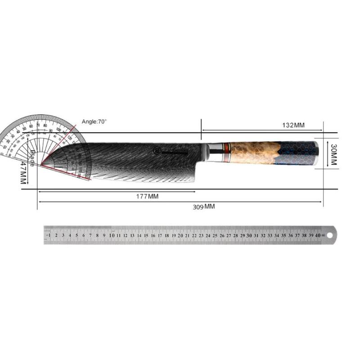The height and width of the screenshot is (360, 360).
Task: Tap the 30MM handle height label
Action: pyautogui.click(x=333, y=155)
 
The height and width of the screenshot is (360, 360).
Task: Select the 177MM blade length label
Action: pyautogui.click(x=147, y=197)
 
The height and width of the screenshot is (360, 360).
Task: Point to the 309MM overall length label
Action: pyautogui.click(x=204, y=207)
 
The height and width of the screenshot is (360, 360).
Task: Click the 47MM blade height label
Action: pyautogui.click(x=22, y=173)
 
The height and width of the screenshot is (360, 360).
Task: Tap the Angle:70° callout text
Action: pyautogui.click(x=94, y=121)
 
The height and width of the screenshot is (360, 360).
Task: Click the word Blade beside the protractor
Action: pyautogui.click(x=32, y=158)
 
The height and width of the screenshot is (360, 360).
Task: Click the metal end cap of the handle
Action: pyautogui.click(x=316, y=153)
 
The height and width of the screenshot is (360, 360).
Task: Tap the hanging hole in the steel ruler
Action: pyautogui.click(x=329, y=235)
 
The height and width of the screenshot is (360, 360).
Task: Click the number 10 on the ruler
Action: pyautogui.click(x=111, y=235)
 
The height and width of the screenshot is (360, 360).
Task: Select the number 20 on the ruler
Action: pyautogui.click(x=180, y=235)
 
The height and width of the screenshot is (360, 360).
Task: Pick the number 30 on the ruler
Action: pyautogui.click(x=249, y=235)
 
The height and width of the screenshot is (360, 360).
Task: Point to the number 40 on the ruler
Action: pyautogui.click(x=318, y=235)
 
